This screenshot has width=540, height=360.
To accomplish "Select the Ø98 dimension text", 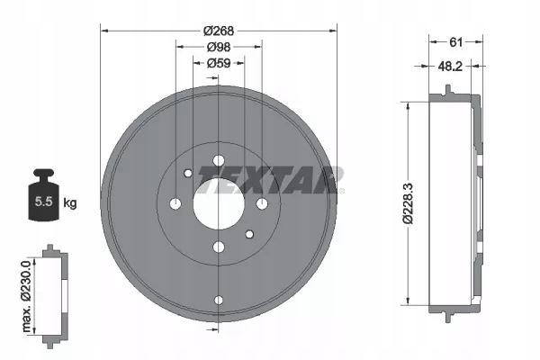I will (217, 47).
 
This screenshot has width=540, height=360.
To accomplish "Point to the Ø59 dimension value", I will (217, 63).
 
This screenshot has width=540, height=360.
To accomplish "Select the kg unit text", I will (69, 203).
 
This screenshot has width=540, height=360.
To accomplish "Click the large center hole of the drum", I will (217, 203).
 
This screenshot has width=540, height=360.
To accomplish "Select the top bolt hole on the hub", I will (217, 162).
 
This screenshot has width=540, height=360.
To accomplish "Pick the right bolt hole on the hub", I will (262, 204).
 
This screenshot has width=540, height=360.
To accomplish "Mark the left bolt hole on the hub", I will (175, 204).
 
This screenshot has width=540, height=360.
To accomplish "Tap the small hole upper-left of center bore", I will (187, 174).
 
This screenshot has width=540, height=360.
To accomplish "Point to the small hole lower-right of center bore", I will (249, 234).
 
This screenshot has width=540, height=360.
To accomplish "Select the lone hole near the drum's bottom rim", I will (217, 301).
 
